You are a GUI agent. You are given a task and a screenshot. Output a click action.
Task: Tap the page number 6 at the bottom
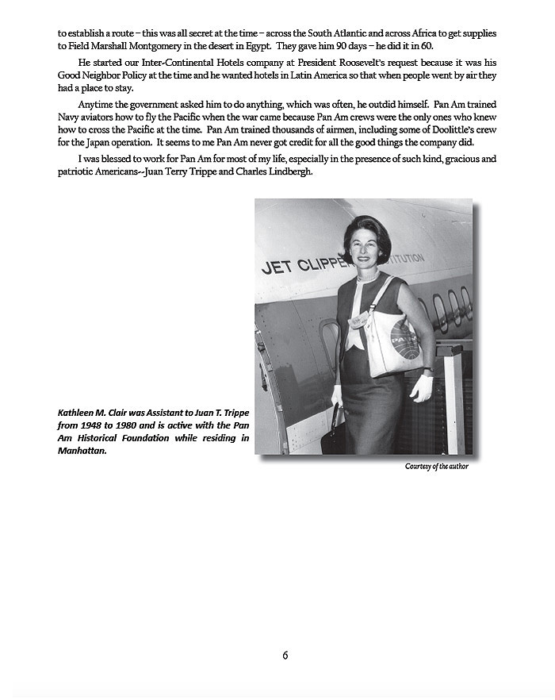pos(285,656)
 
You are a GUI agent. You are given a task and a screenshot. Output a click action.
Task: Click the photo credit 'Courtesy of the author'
pos(436,466)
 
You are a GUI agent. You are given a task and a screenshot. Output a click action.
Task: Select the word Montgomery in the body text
pos(145,47)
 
